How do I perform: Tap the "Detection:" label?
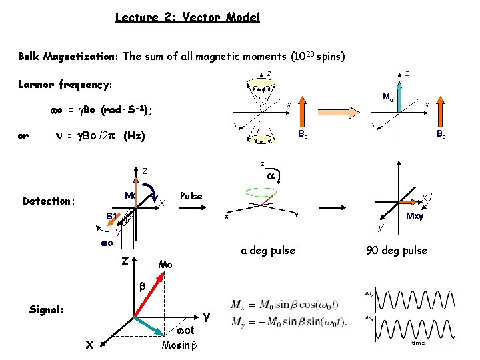pos(49,201)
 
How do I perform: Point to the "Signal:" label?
pos(47,309)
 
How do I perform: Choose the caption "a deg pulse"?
pos(268,250)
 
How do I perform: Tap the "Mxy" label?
pos(415,217)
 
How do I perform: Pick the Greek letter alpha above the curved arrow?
pos(271,175)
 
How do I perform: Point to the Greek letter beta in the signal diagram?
pos(141,286)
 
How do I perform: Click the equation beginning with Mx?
pos(289,304)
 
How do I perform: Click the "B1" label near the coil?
pos(112,215)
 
